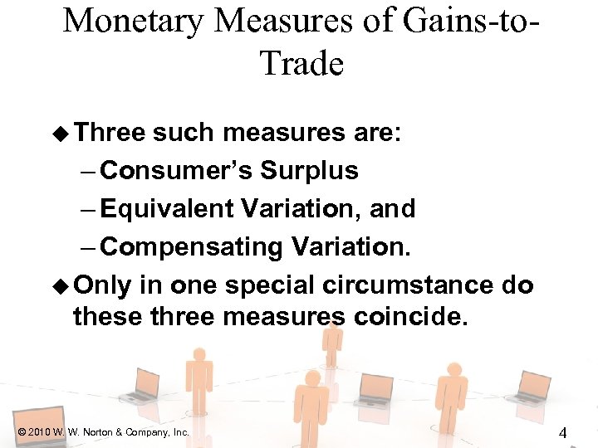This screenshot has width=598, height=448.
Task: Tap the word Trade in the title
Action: pos(301,62)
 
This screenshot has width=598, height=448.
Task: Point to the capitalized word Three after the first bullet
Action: pos(110,133)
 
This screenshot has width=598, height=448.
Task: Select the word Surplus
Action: pos(309,171)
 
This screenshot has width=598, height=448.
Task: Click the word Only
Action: pos(102,285)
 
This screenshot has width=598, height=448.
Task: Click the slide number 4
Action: pos(562,432)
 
